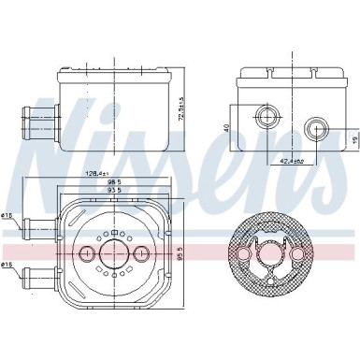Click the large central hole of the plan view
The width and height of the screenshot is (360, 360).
coord(113,252)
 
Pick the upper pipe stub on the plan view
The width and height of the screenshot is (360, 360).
coord(39,224)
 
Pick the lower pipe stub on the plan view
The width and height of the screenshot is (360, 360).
coord(39,278)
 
